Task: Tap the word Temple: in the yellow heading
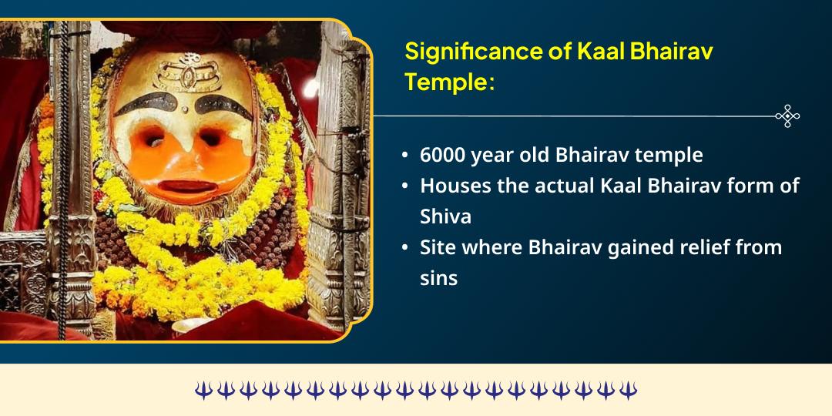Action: click(x=449, y=82)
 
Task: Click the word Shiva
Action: click(x=445, y=216)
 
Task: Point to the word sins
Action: click(x=438, y=277)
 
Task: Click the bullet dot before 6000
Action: click(x=405, y=156)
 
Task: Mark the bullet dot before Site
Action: click(x=405, y=248)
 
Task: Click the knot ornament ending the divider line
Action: click(x=787, y=116)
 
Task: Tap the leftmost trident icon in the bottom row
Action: click(x=202, y=391)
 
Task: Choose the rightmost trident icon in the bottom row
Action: click(x=629, y=391)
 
